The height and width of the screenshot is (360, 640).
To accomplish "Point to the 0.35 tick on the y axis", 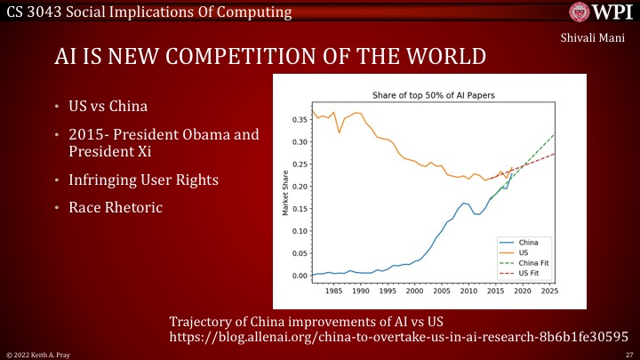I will click(300, 120).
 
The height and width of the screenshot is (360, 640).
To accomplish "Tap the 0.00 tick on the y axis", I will click(300, 276).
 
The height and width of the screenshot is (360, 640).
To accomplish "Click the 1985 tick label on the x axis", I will click(334, 290).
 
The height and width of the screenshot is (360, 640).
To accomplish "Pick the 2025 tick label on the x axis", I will click(549, 290).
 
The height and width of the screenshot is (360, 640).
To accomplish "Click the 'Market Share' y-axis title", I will click(285, 193).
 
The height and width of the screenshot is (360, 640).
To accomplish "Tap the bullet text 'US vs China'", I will click(108, 108).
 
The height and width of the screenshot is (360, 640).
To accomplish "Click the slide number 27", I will click(628, 354).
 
